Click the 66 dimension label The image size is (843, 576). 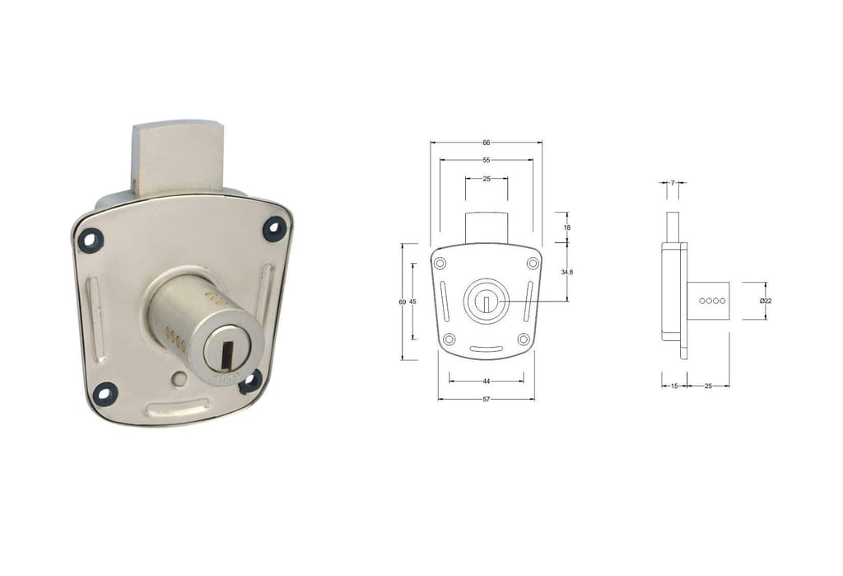pyautogui.click(x=486, y=143)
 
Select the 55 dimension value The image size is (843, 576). pyautogui.click(x=486, y=161)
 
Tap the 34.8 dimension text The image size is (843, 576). pyautogui.click(x=567, y=273)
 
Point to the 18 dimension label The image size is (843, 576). pyautogui.click(x=567, y=227)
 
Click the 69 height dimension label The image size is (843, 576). pyautogui.click(x=402, y=302)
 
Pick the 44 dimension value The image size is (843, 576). pyautogui.click(x=486, y=382)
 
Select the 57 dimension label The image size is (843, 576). pyautogui.click(x=486, y=400)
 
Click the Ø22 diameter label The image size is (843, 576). pyautogui.click(x=766, y=301)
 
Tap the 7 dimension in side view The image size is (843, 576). pyautogui.click(x=673, y=183)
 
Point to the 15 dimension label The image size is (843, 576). pyautogui.click(x=675, y=386)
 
